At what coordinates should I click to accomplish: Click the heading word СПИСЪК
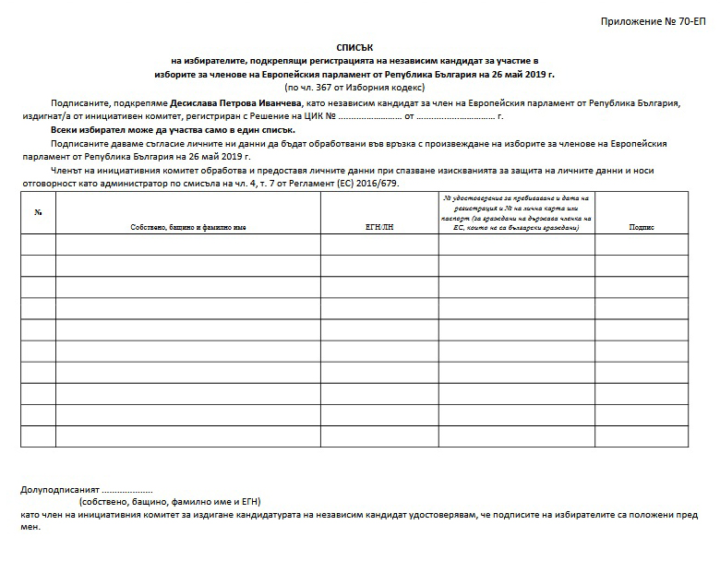pos(356,45)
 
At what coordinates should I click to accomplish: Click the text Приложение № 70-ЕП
pos(653,20)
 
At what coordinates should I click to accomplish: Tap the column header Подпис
pos(641,226)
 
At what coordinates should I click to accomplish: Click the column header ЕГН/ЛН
pos(379,226)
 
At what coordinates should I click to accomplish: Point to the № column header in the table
pos(38,213)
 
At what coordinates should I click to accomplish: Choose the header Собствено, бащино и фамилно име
pos(188,226)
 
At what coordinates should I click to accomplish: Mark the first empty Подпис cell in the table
pos(641,245)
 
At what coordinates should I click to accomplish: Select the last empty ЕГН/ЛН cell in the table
pos(379,436)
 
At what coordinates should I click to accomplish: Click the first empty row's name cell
pos(188,245)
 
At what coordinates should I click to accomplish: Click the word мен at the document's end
pos(30,528)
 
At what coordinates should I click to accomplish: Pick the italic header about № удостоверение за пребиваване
pos(517,212)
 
